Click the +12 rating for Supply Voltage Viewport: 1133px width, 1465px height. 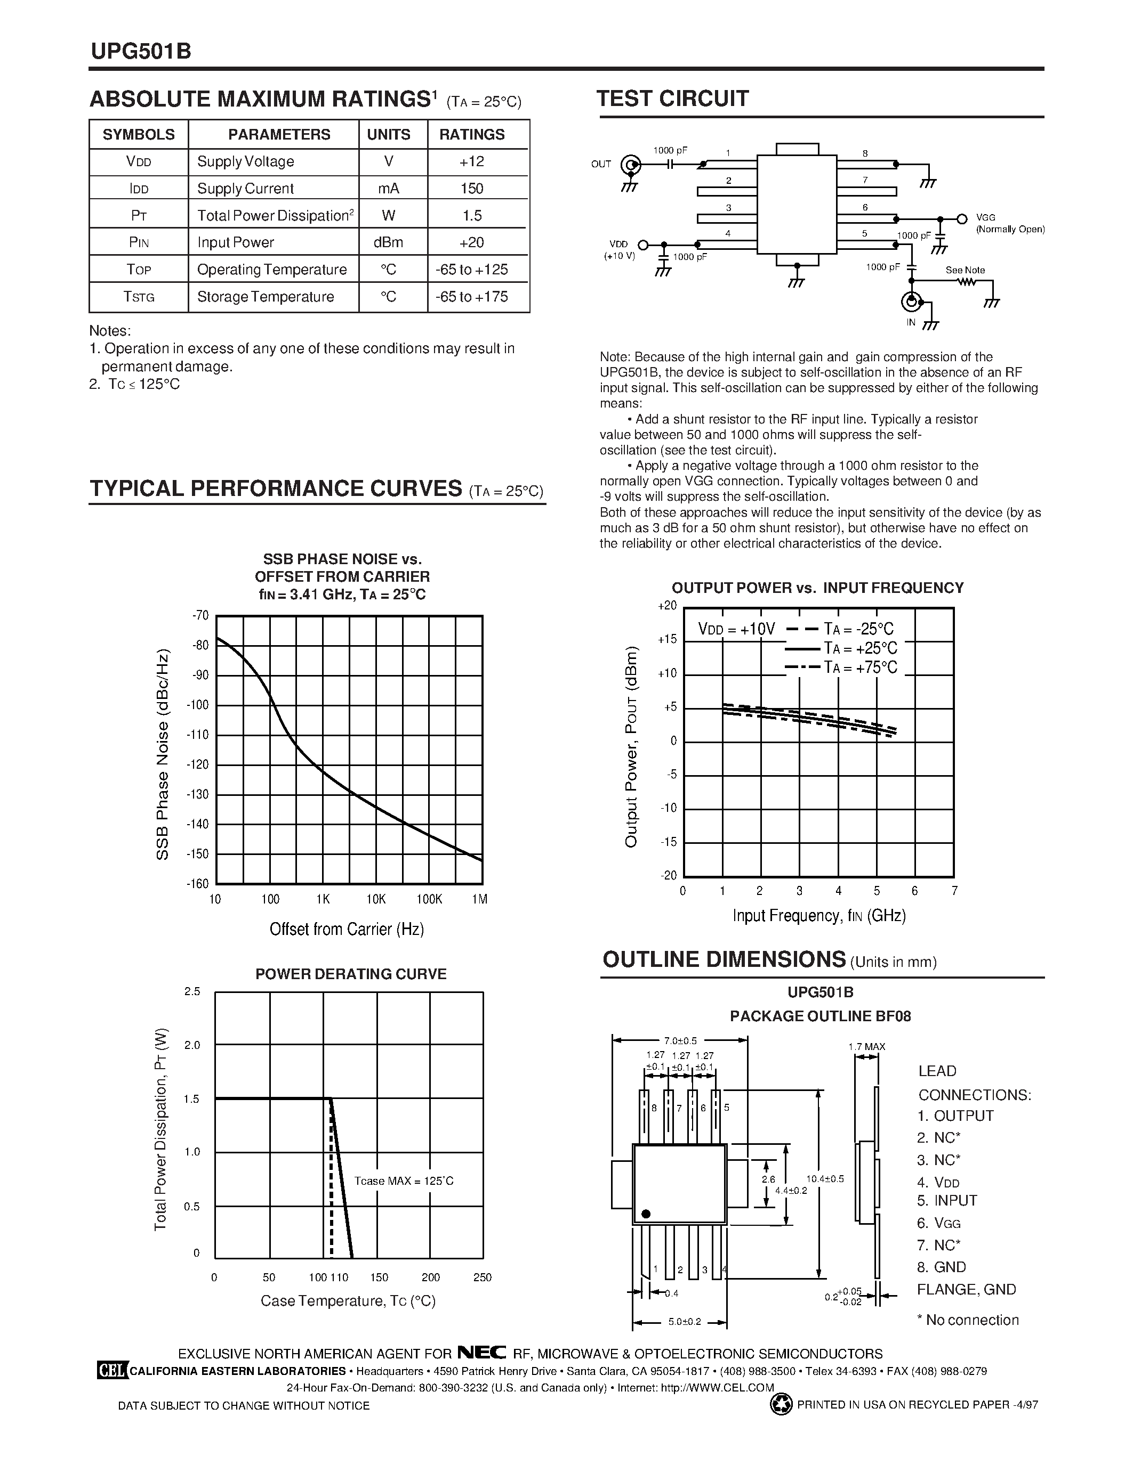(x=472, y=161)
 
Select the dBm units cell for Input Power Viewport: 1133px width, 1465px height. (x=389, y=242)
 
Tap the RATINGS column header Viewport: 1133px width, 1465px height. (x=472, y=134)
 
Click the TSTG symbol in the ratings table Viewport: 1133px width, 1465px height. (x=139, y=297)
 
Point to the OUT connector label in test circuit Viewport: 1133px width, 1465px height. (x=601, y=164)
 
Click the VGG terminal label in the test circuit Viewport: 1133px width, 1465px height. (x=985, y=218)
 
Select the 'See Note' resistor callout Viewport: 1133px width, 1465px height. (x=965, y=270)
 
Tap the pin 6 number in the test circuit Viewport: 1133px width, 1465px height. (x=865, y=207)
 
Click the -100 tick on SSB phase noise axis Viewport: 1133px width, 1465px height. (x=200, y=705)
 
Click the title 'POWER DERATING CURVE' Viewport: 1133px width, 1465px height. (x=350, y=974)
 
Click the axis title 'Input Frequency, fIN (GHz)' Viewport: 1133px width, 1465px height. (x=819, y=916)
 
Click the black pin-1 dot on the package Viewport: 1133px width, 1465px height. (x=646, y=1214)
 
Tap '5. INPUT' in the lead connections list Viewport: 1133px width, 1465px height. (x=946, y=1200)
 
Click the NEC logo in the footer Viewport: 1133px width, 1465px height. (x=481, y=1353)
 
